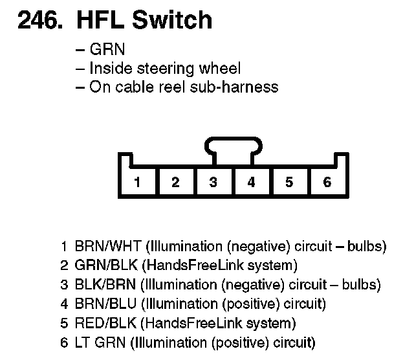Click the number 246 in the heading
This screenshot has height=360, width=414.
pyautogui.click(x=39, y=21)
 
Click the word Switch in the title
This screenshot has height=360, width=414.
pyautogui.click(x=173, y=21)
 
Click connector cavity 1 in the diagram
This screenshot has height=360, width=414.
pyautogui.click(x=137, y=182)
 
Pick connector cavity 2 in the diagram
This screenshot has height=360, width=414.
pyautogui.click(x=175, y=182)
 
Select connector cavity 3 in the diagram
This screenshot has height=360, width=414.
pyautogui.click(x=213, y=182)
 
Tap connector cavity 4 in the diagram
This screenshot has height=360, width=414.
pyautogui.click(x=251, y=182)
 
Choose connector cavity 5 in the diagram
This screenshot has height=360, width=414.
pyautogui.click(x=289, y=182)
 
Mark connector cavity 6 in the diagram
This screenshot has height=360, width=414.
pyautogui.click(x=327, y=182)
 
